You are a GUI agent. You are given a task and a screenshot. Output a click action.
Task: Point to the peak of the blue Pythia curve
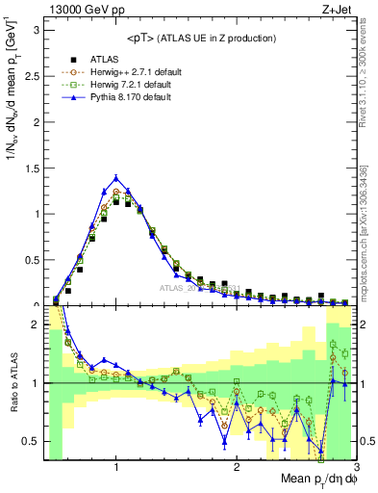tap(116, 177)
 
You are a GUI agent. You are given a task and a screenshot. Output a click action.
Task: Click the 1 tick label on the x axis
tap(116, 467)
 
